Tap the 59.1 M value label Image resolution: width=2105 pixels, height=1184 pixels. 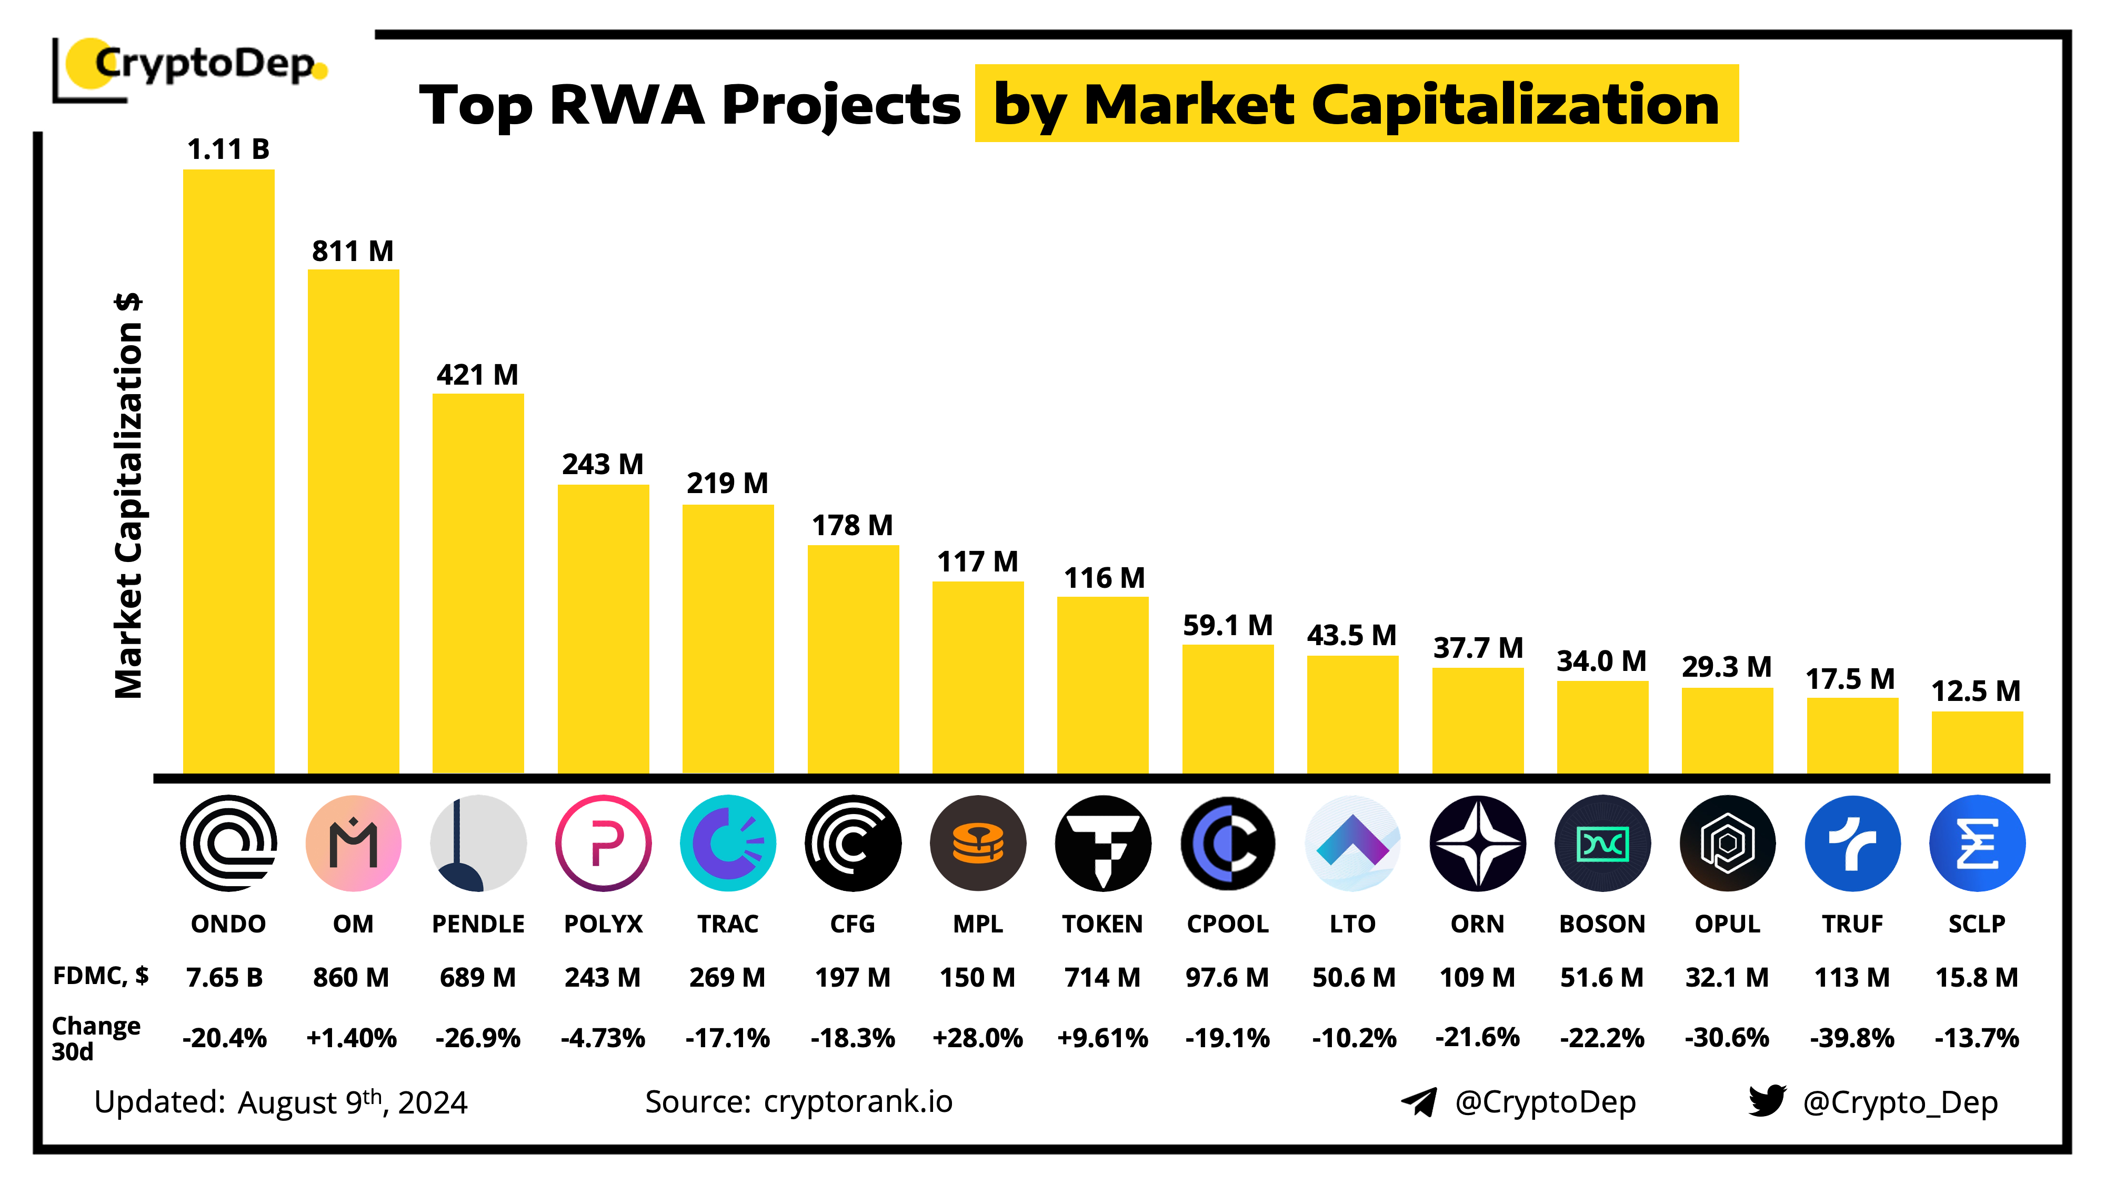[1227, 626]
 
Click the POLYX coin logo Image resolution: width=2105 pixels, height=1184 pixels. [603, 842]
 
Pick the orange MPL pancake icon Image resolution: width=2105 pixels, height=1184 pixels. [977, 842]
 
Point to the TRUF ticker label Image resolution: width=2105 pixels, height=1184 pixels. [1852, 924]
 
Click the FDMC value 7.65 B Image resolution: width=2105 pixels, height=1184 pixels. [225, 977]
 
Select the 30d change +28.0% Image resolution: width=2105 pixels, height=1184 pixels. [977, 1038]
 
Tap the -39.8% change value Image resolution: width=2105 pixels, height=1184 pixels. [1852, 1038]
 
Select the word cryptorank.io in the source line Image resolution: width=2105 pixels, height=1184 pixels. [858, 1101]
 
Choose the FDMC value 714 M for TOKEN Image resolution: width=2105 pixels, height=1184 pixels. [1102, 977]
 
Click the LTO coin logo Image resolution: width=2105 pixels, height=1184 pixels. [1352, 842]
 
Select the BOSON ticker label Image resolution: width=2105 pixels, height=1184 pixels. [1601, 924]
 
